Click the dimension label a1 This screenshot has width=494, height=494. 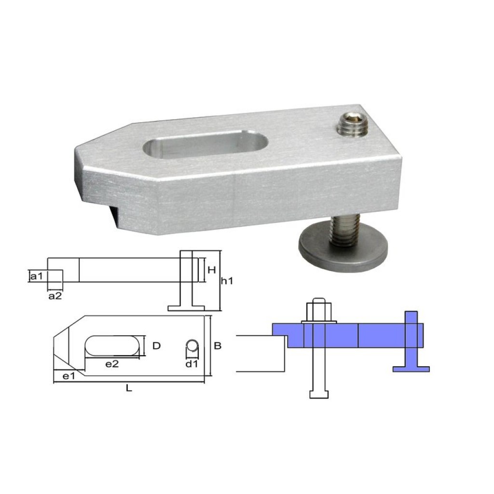[x=37, y=276]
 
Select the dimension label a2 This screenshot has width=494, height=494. [x=55, y=296]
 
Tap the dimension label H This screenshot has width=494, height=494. [x=211, y=270]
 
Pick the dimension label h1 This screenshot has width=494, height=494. [x=227, y=280]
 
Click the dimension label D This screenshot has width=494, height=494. [x=156, y=345]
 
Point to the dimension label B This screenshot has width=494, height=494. [x=218, y=345]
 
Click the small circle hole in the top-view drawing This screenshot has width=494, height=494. [x=192, y=346]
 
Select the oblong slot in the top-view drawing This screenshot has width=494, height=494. [x=114, y=346]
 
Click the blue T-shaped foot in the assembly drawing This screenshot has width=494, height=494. [x=411, y=357]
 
